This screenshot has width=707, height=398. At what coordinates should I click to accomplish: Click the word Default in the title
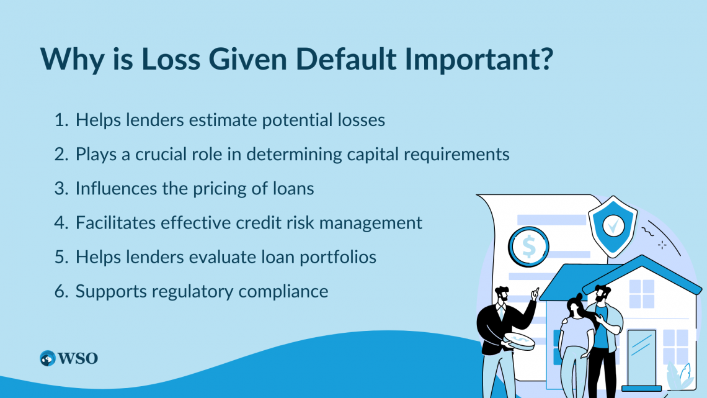click(346, 58)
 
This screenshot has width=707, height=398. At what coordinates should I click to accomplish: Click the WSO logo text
click(78, 359)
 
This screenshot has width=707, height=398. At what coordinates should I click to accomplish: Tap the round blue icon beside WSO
click(47, 358)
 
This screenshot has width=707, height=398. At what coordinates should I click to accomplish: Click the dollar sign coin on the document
click(528, 247)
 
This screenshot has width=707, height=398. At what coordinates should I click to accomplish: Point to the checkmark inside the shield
click(613, 225)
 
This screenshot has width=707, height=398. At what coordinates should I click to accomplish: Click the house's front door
click(642, 358)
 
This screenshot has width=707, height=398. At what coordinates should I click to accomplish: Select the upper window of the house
click(642, 294)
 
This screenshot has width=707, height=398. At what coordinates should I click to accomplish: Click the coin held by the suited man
click(519, 341)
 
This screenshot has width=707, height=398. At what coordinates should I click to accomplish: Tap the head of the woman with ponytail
click(576, 305)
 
